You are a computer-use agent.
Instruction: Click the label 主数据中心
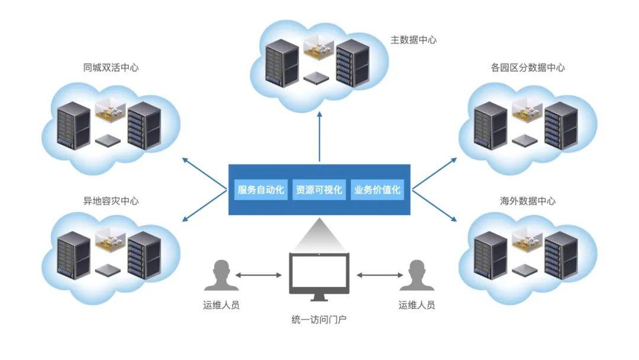tap(414, 40)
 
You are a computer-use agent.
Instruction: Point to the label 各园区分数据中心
tap(528, 68)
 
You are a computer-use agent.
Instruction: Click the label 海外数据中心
tap(528, 201)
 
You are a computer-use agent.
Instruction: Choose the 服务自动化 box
tap(260, 189)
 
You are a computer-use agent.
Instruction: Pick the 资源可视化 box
tap(319, 189)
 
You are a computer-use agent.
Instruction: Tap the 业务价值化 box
tap(377, 189)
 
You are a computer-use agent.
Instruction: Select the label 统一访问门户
tap(319, 320)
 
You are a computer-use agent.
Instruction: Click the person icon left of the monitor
tap(221, 275)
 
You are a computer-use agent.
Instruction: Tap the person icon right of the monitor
tap(417, 275)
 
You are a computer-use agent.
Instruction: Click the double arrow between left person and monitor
tap(259, 275)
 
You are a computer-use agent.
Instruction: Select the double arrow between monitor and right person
tap(379, 275)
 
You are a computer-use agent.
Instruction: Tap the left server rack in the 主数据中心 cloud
tap(281, 63)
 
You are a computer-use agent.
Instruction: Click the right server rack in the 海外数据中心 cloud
tap(560, 255)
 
